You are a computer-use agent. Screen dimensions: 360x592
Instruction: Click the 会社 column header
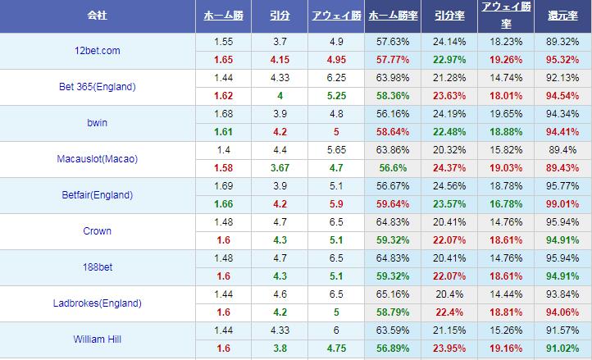click(98, 16)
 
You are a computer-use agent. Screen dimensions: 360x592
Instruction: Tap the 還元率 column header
click(562, 16)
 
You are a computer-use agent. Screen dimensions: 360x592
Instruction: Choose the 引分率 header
click(449, 16)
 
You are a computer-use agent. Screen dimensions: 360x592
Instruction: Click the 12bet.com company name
click(97, 51)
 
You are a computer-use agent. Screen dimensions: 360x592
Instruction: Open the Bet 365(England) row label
click(98, 87)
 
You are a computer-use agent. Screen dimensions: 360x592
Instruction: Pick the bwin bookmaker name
click(98, 123)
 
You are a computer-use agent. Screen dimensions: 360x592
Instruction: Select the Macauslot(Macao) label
click(98, 159)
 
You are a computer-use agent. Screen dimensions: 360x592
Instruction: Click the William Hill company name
click(98, 339)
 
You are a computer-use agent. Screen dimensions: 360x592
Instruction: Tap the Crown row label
click(98, 231)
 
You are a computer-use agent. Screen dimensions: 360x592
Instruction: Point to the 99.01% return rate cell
click(562, 204)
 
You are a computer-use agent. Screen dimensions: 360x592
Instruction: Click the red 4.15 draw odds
click(279, 60)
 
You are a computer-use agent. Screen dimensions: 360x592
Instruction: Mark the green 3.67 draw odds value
click(279, 168)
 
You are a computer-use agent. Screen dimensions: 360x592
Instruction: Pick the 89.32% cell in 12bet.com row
click(562, 41)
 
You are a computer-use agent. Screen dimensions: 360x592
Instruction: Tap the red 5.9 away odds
click(336, 204)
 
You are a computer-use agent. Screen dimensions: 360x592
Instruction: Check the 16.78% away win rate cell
click(505, 204)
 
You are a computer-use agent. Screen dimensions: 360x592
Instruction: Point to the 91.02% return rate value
click(562, 349)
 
